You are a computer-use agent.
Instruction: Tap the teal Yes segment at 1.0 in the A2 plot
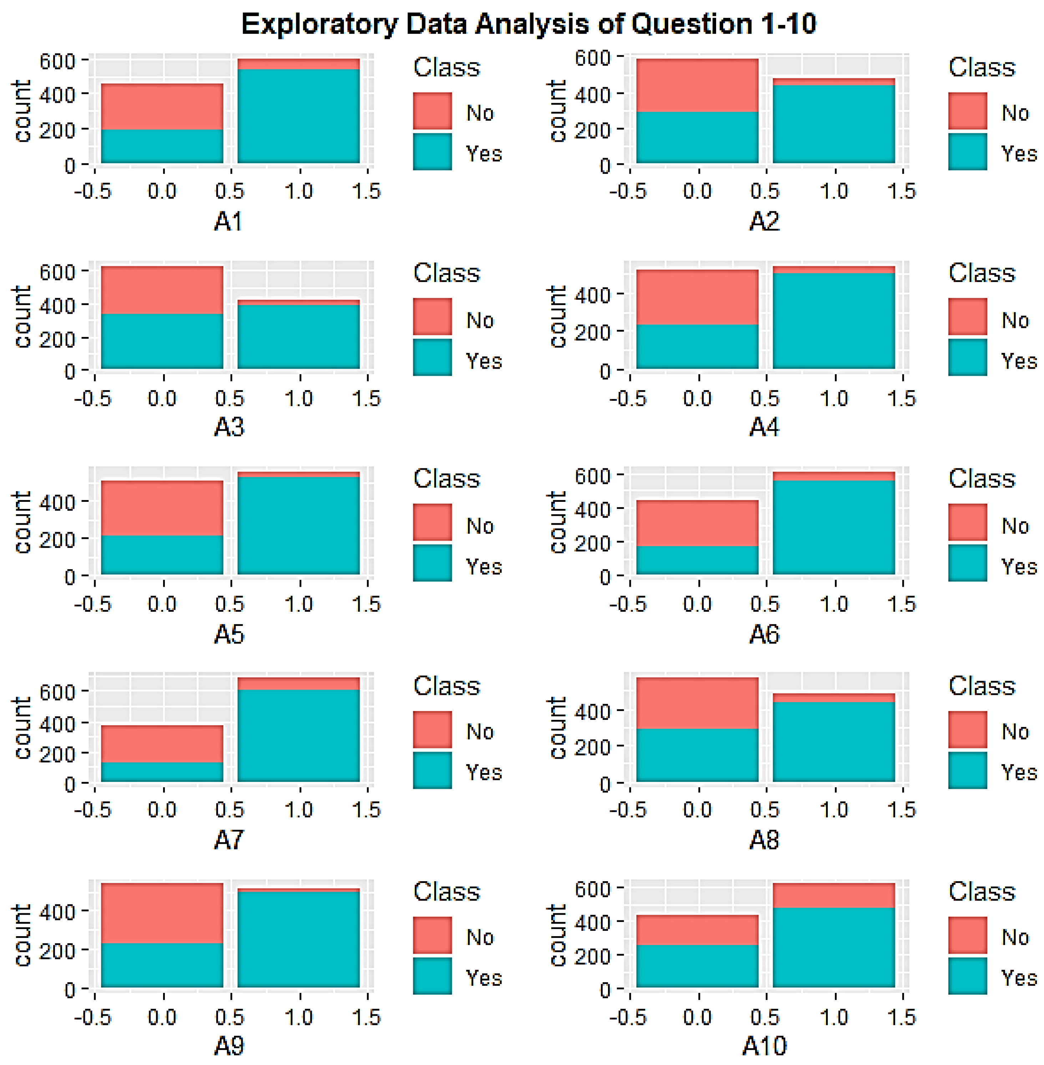tap(834, 124)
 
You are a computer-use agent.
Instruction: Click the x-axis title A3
tap(229, 426)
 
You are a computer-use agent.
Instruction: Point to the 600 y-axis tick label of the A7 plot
tap(57, 692)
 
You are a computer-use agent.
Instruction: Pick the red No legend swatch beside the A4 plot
tap(967, 317)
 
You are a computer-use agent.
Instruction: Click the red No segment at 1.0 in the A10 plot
tap(834, 895)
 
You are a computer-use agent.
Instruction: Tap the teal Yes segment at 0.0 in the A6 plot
tap(698, 560)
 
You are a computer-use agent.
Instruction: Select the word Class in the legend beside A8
tap(982, 686)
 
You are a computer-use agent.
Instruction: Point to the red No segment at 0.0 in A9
tap(162, 913)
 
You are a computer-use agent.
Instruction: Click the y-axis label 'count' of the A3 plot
tap(22, 317)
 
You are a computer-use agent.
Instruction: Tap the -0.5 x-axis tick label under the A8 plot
tap(628, 810)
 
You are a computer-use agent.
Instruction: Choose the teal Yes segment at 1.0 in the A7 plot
tap(299, 736)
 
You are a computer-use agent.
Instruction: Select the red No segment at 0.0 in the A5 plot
tap(162, 508)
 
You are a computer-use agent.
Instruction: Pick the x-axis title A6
tap(764, 634)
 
